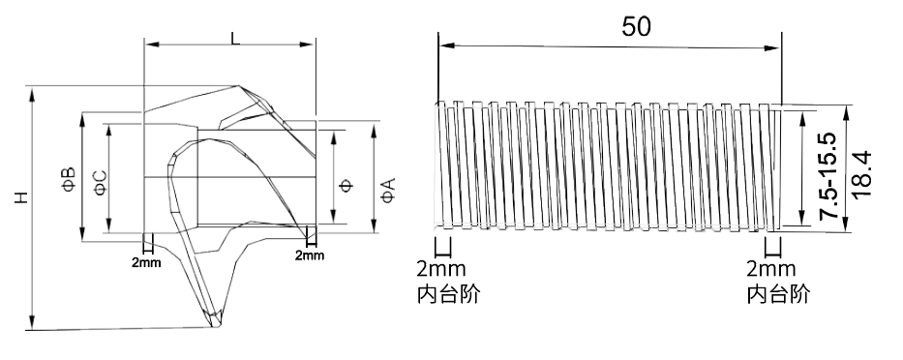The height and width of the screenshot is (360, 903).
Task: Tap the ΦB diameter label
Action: click(69, 179)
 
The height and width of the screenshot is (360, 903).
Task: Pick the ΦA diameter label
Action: click(387, 189)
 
